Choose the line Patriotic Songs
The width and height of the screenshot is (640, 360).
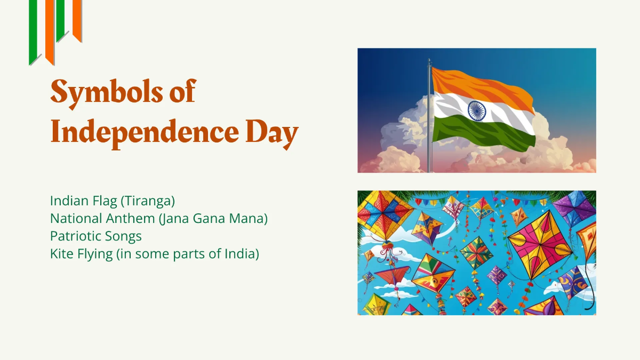click(96, 236)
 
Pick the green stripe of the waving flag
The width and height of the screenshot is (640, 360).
click(480, 133)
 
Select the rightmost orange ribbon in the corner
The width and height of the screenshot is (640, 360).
click(77, 19)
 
